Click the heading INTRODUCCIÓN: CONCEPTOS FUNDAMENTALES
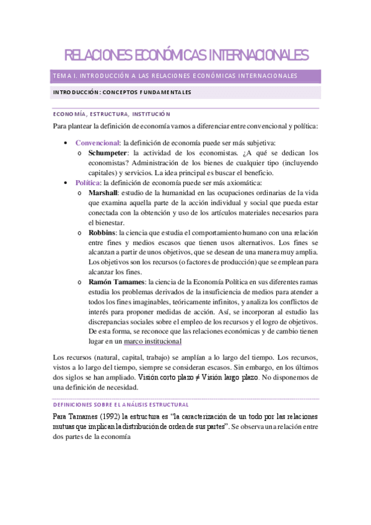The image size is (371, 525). pos(122,93)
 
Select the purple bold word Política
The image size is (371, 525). pos(87,183)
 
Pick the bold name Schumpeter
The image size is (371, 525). pos(108,152)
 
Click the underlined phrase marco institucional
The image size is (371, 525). pos(153,341)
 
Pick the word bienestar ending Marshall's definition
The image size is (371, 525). pos(106,222)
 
